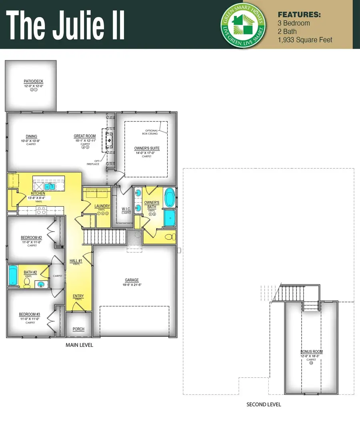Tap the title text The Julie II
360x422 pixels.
[x=66, y=24]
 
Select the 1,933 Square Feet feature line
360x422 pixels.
[x=305, y=40]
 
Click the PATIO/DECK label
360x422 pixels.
[x=33, y=82]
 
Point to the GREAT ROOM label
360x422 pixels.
[x=84, y=136]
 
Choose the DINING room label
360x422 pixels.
[x=31, y=137]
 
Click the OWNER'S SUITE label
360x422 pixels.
[x=147, y=149]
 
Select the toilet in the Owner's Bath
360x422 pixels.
[x=170, y=237]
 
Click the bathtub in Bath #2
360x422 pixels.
[x=13, y=275]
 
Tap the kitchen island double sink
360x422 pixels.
[x=50, y=186]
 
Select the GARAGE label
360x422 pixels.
[x=131, y=280]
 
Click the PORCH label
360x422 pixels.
[x=78, y=329]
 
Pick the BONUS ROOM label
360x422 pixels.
[x=312, y=352]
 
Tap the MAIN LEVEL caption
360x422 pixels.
[x=79, y=345]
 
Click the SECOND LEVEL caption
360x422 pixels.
[x=264, y=404]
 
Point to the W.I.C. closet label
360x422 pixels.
[x=126, y=209]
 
